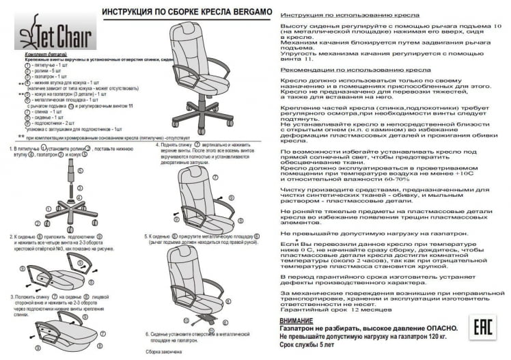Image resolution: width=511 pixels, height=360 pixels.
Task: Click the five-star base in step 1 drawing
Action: [x=74, y=208]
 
